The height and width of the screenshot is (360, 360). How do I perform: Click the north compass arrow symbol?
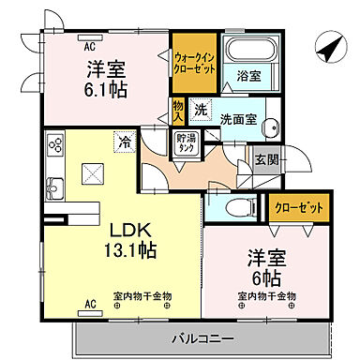tap(325, 43)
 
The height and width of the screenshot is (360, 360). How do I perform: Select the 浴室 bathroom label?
tap(247, 74)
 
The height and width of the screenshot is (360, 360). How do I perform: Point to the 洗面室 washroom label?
tap(239, 120)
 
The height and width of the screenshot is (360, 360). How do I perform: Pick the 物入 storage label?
tap(178, 110)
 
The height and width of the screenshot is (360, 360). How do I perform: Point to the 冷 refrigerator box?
tap(124, 142)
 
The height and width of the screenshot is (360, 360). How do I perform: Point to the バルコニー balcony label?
tap(202, 336)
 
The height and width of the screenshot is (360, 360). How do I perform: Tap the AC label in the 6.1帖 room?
tap(91, 45)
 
